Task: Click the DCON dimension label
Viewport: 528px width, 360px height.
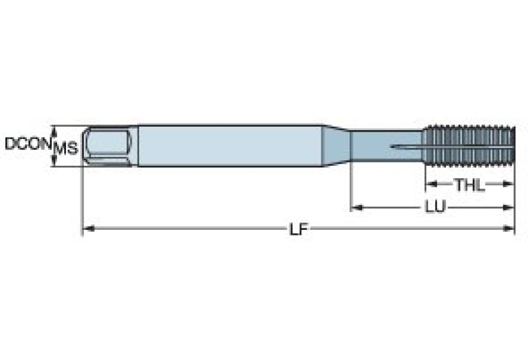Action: coord(26,144)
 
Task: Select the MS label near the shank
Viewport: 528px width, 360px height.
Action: coord(66,147)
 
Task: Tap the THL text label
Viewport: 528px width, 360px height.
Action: coord(469,184)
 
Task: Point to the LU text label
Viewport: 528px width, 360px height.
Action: coord(434,207)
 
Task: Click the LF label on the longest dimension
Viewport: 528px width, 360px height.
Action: coord(297,229)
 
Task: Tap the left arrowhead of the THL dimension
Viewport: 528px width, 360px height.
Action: coord(429,184)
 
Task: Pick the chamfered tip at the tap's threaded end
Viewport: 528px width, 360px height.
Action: coord(511,145)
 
